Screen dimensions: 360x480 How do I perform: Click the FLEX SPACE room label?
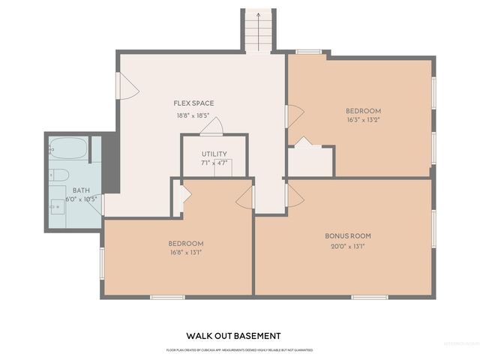pyautogui.click(x=193, y=103)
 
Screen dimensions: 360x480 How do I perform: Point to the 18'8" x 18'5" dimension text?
pyautogui.click(x=193, y=115)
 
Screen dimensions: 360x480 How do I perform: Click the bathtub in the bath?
pyautogui.click(x=68, y=148)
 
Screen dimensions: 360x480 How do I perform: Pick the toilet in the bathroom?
pyautogui.click(x=59, y=175)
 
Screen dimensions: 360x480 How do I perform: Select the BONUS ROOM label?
pyautogui.click(x=347, y=235)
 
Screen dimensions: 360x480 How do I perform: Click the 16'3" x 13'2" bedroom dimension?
pyautogui.click(x=363, y=120)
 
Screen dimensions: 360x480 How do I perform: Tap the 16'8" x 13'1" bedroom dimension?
pyautogui.click(x=185, y=253)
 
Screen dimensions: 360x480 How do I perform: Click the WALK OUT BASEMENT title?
pyautogui.click(x=233, y=336)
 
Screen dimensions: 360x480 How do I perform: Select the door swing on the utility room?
pyautogui.click(x=212, y=127)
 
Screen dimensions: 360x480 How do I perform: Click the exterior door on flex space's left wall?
pyautogui.click(x=126, y=86)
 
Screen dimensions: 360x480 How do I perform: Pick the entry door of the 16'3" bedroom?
pyautogui.click(x=294, y=115)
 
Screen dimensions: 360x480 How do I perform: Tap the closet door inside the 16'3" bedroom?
pyautogui.click(x=303, y=142)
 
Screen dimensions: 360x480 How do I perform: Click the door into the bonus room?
pyautogui.click(x=294, y=196)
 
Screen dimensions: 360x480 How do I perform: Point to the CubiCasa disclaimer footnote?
pyautogui.click(x=239, y=350)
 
